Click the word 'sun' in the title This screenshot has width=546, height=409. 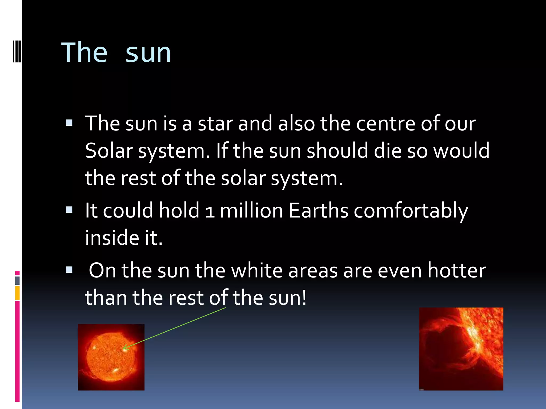(x=148, y=53)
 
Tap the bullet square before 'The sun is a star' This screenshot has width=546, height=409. (x=69, y=123)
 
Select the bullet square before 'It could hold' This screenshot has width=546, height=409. (x=69, y=210)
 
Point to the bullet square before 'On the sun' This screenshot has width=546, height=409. (x=69, y=270)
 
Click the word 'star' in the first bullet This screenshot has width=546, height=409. (x=215, y=124)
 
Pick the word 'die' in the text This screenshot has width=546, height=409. (x=388, y=151)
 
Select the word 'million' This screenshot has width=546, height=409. (x=251, y=211)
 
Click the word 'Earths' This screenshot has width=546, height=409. (x=318, y=211)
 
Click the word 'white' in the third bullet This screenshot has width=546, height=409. (x=256, y=271)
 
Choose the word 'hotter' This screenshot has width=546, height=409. (x=456, y=271)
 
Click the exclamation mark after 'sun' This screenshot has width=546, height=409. (x=304, y=298)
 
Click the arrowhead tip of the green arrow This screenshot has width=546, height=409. (x=123, y=348)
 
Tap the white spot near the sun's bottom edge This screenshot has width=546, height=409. (x=116, y=370)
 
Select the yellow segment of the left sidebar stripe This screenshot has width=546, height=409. (x=17, y=293)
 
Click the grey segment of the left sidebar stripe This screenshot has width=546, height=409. (x=17, y=280)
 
